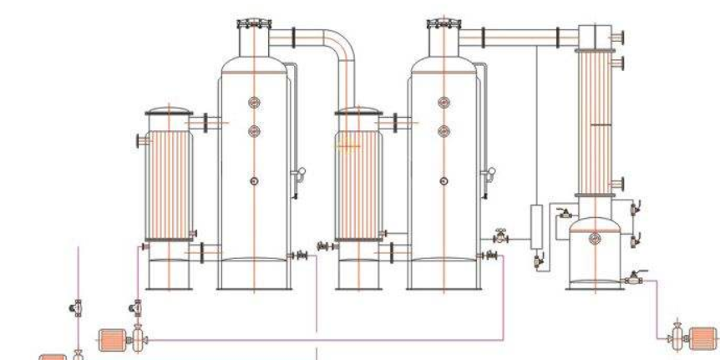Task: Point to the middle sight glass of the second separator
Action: click(444, 130)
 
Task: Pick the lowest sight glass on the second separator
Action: click(444, 180)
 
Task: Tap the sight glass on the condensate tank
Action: click(595, 240)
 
